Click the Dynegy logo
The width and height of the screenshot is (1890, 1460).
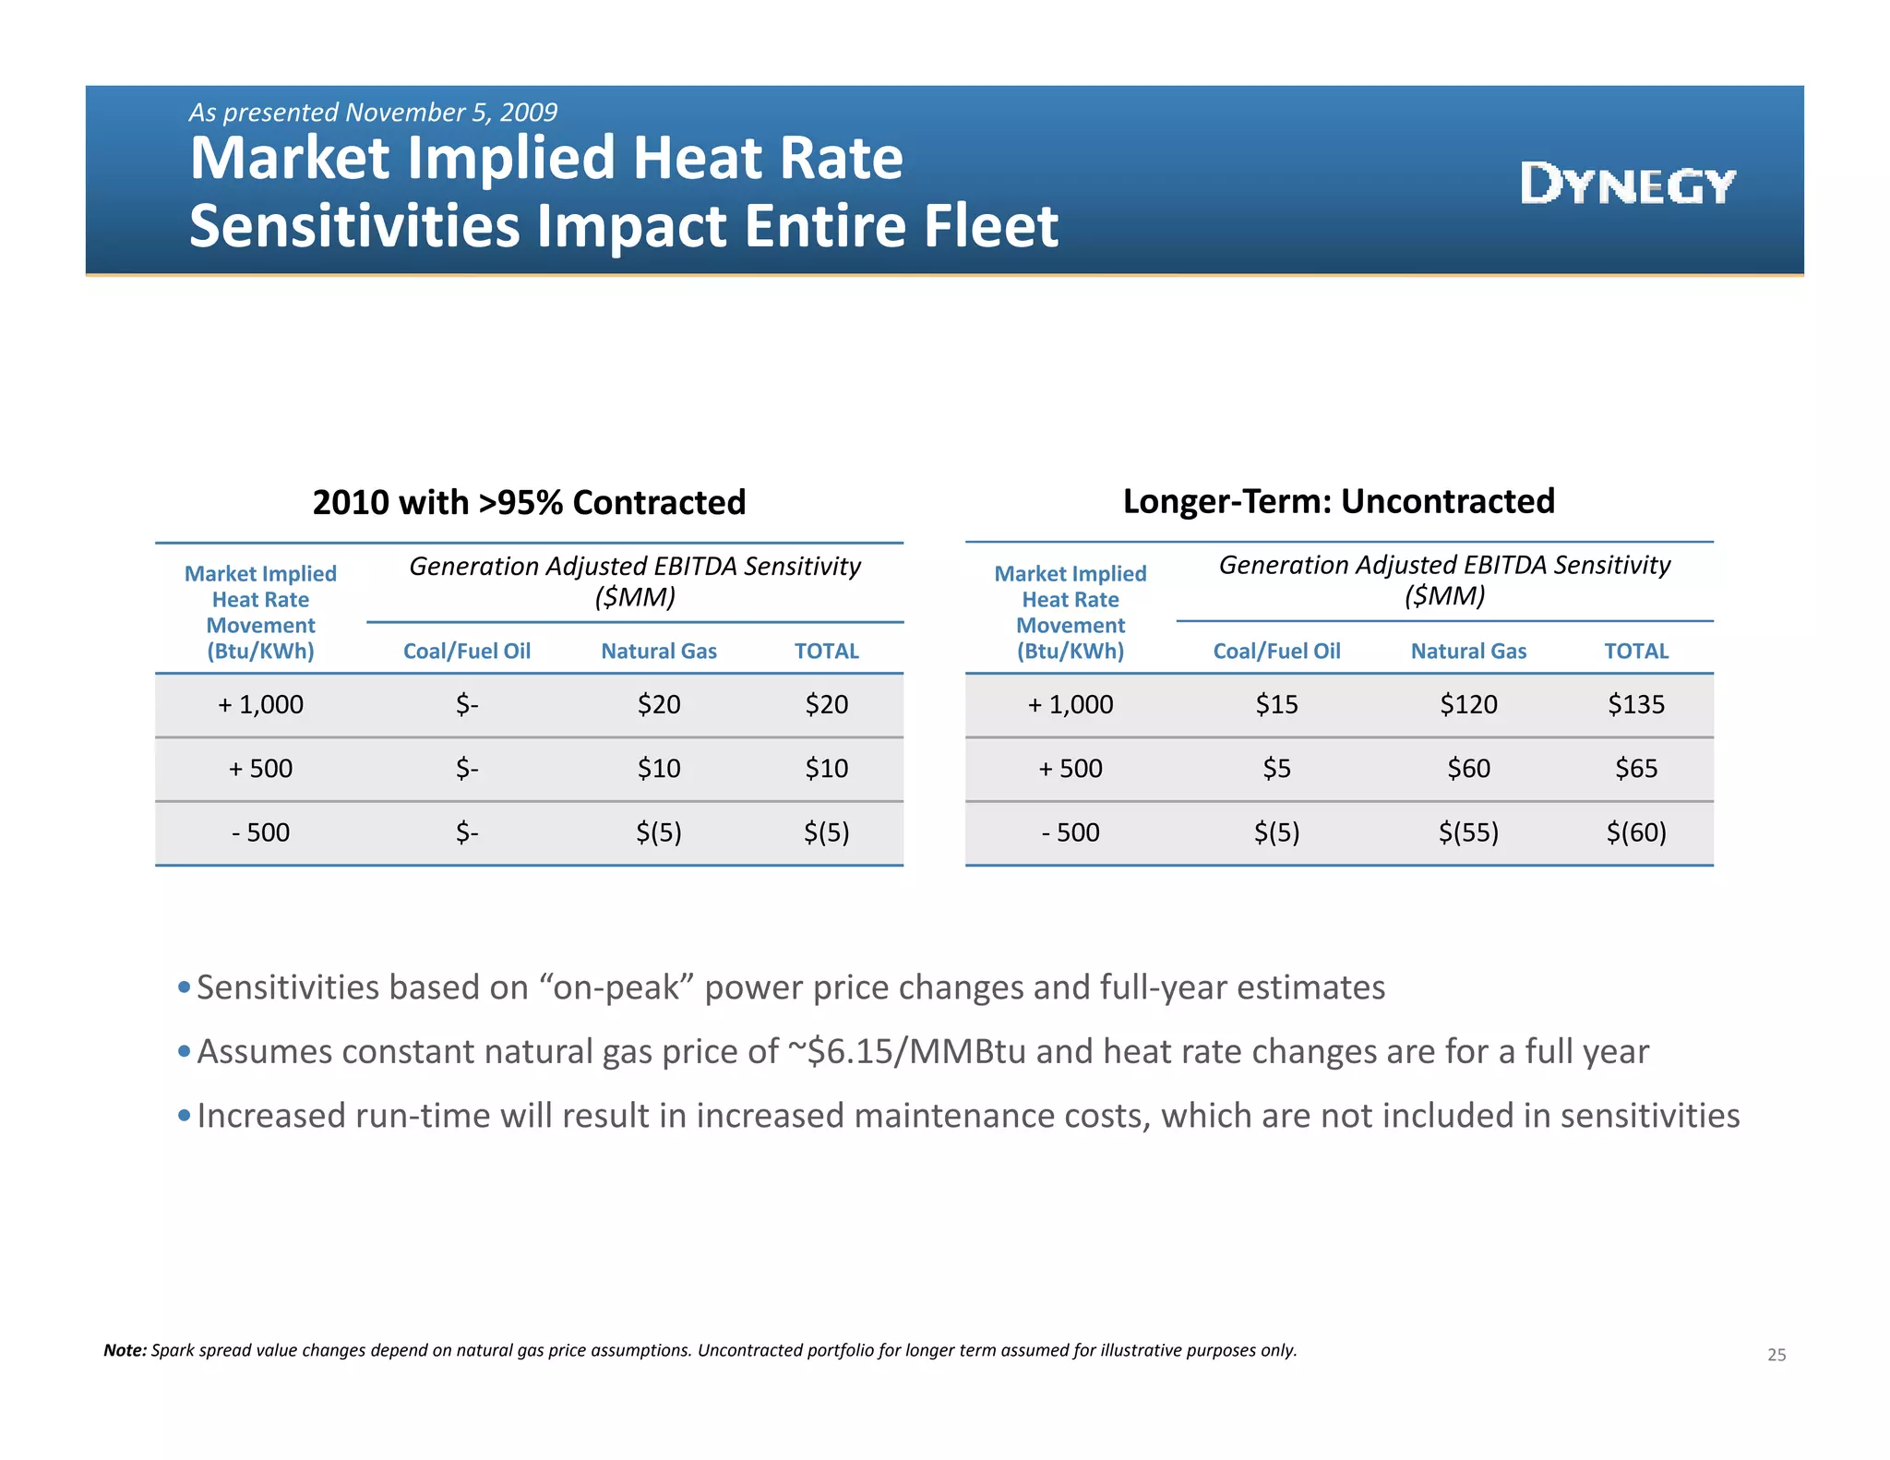tap(1628, 184)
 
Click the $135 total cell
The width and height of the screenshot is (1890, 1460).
tap(1635, 704)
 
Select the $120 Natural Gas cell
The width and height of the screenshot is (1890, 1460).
tap(1468, 704)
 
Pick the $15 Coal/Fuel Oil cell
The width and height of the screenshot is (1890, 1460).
tap(1276, 704)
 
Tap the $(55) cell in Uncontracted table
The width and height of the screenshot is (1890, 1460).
tap(1468, 832)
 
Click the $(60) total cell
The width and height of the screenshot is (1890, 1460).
tap(1635, 832)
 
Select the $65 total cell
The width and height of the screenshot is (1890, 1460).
tap(1635, 768)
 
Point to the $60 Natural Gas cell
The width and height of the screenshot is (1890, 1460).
tap(1468, 768)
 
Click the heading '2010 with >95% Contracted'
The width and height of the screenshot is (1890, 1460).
tap(529, 502)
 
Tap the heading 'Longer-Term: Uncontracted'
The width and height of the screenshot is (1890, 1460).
tap(1338, 501)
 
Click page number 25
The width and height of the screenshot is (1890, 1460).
tap(1776, 1355)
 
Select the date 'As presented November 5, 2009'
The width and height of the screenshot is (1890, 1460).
tap(373, 113)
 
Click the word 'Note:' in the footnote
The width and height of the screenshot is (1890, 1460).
tap(125, 1350)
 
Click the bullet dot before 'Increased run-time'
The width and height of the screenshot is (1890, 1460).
tap(184, 1116)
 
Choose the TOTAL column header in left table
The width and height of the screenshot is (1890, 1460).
tap(826, 652)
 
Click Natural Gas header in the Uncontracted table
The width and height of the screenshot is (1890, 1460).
tap(1468, 652)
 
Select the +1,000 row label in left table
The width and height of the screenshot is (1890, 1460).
tap(260, 704)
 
